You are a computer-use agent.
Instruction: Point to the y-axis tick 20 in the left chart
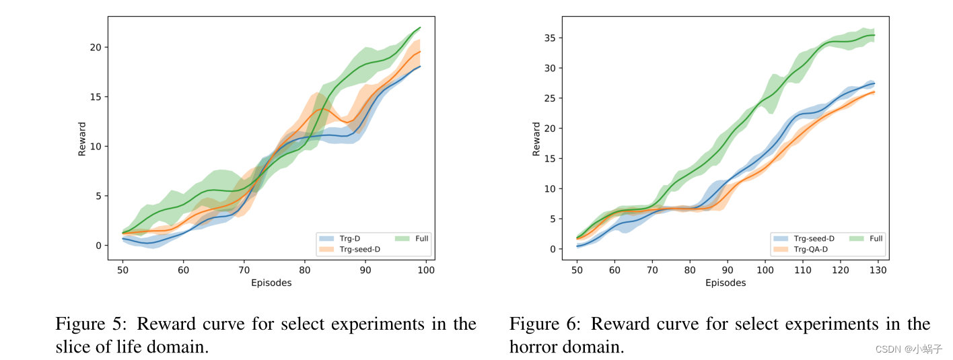point(96,47)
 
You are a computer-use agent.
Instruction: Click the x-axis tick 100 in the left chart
point(425,270)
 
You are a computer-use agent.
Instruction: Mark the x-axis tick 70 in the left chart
point(243,270)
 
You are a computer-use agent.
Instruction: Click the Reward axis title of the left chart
point(82,139)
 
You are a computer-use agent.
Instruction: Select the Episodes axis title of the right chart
point(726,283)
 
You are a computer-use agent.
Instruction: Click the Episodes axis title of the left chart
point(271,283)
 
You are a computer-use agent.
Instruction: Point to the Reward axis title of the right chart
point(536,139)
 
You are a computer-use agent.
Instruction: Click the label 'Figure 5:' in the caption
point(90,324)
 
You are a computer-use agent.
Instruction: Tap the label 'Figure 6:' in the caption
point(544,324)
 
